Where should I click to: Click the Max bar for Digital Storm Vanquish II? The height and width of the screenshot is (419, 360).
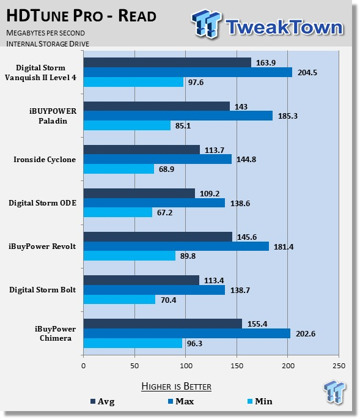pyautogui.click(x=188, y=72)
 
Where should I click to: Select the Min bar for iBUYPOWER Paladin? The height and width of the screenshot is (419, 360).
pyautogui.click(x=127, y=125)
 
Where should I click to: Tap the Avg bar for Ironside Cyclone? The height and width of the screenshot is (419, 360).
pyautogui.click(x=142, y=150)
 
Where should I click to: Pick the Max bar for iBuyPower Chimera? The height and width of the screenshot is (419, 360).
pyautogui.click(x=187, y=333)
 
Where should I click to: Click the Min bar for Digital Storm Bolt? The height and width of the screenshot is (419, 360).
pyautogui.click(x=119, y=299)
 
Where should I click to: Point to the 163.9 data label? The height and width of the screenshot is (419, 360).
pyautogui.click(x=266, y=63)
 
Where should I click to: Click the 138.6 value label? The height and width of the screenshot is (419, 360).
pyautogui.click(x=240, y=203)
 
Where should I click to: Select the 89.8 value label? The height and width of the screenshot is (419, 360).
pyautogui.click(x=188, y=256)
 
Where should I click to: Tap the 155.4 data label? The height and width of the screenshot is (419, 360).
pyautogui.click(x=257, y=324)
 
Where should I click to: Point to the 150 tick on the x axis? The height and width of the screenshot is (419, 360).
pyautogui.click(x=237, y=366)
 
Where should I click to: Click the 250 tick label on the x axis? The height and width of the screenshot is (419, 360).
pyautogui.click(x=339, y=366)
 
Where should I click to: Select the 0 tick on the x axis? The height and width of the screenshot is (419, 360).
pyautogui.click(x=84, y=366)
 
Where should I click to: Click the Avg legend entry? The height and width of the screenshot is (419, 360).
pyautogui.click(x=103, y=401)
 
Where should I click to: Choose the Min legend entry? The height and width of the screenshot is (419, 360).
pyautogui.click(x=260, y=401)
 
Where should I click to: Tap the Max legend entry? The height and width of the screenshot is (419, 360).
pyautogui.click(x=181, y=401)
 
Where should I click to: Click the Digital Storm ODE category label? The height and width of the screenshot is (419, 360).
pyautogui.click(x=42, y=203)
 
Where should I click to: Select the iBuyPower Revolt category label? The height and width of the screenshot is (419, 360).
pyautogui.click(x=42, y=246)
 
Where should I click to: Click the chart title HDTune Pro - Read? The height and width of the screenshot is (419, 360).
pyautogui.click(x=81, y=16)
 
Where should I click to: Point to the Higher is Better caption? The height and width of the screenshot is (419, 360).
pyautogui.click(x=176, y=387)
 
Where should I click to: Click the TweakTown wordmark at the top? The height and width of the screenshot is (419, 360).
pyautogui.click(x=284, y=27)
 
